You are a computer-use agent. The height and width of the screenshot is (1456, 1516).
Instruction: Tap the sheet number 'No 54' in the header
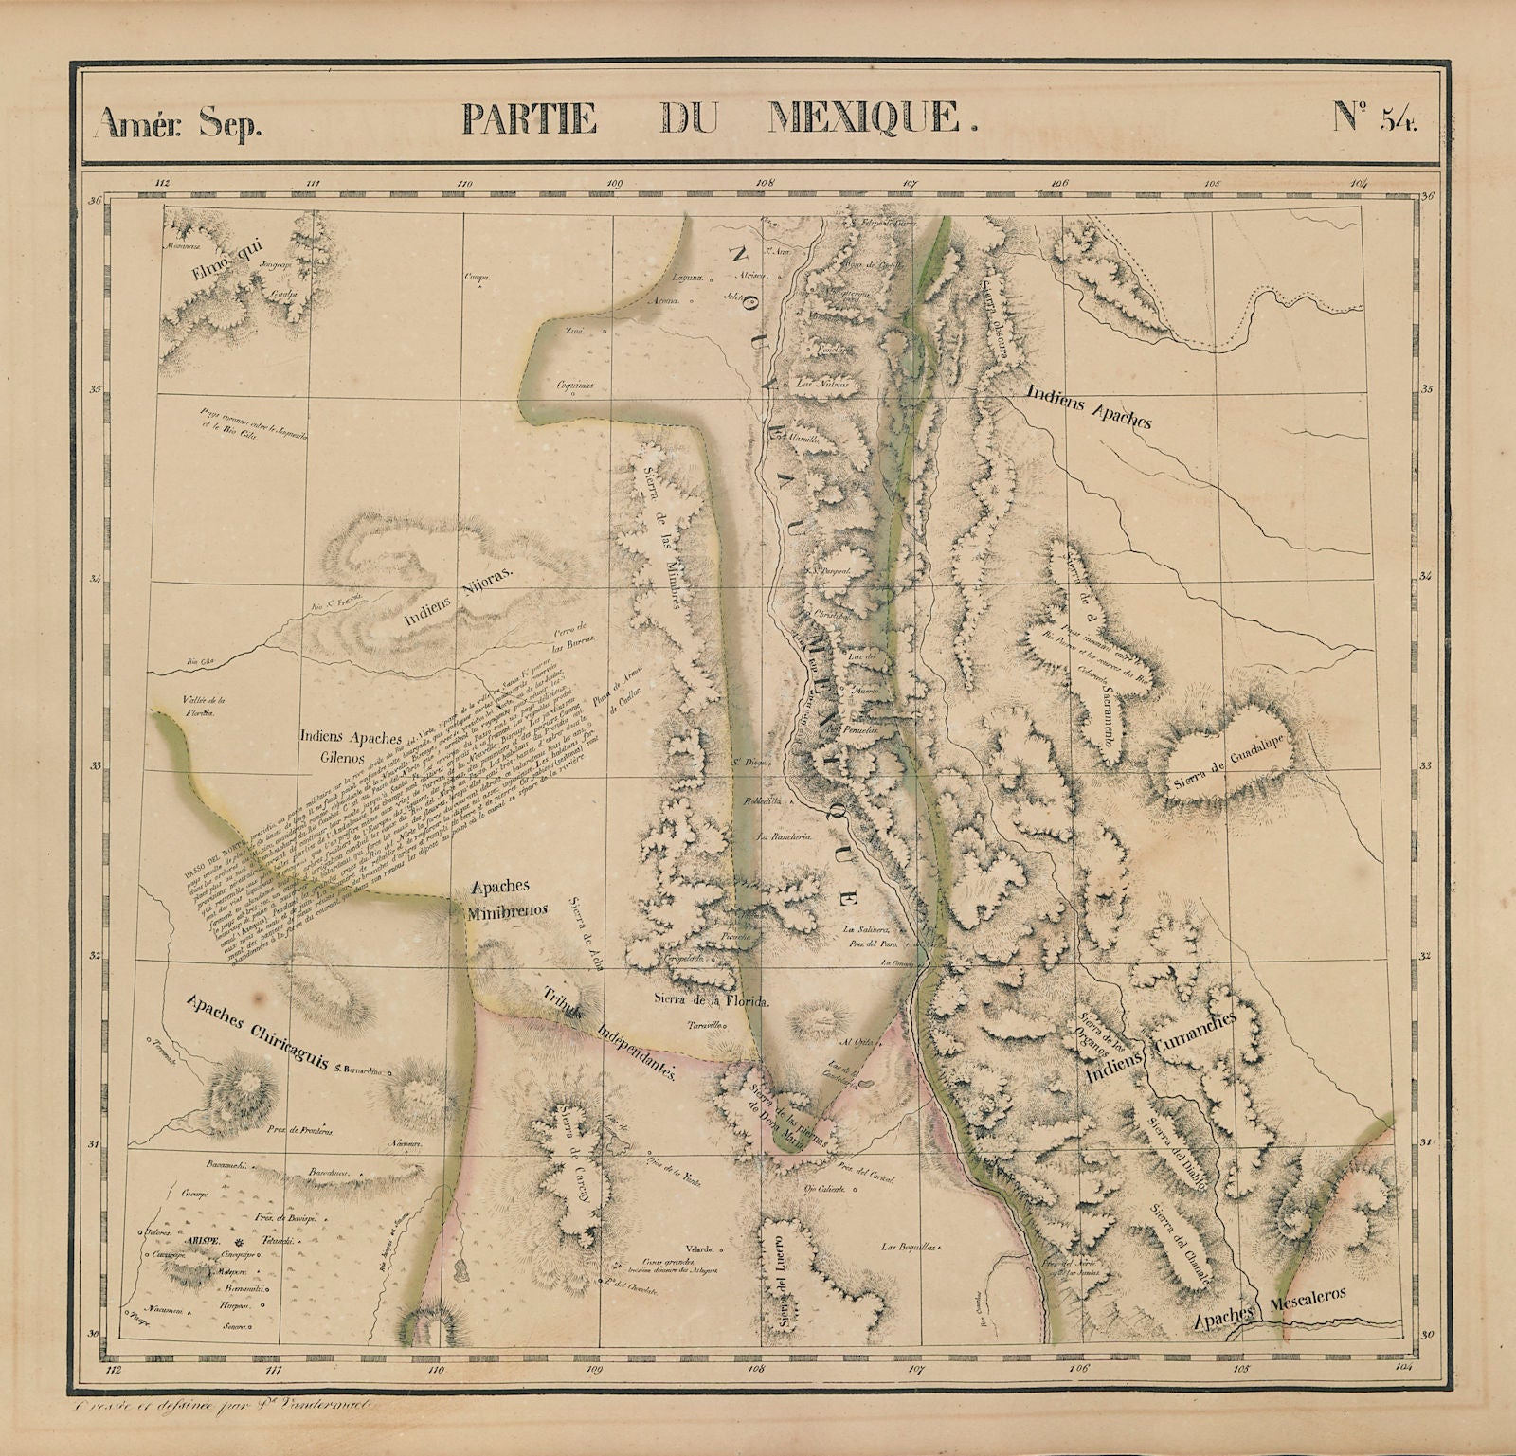[x=1376, y=118]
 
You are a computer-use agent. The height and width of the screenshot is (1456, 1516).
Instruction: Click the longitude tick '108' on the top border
[x=765, y=184]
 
